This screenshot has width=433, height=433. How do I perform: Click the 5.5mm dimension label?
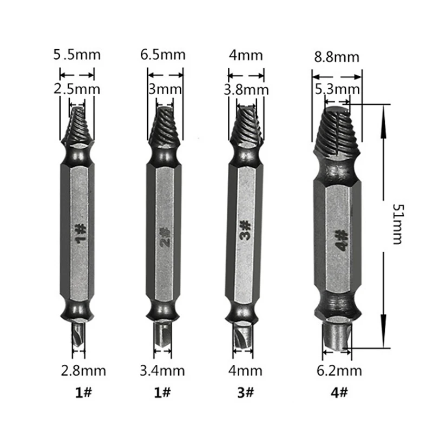click(77, 55)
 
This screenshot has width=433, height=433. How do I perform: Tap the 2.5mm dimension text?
click(77, 89)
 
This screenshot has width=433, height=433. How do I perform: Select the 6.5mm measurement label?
click(163, 55)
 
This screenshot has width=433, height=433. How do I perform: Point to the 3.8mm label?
click(246, 90)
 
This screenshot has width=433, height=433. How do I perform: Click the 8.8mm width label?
click(337, 57)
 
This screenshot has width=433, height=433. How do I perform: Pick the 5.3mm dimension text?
click(337, 89)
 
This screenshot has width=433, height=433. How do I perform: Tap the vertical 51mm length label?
click(398, 224)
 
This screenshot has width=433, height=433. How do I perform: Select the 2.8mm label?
click(83, 371)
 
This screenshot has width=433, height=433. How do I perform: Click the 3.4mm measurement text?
click(162, 371)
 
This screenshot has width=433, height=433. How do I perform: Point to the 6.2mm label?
click(339, 371)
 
